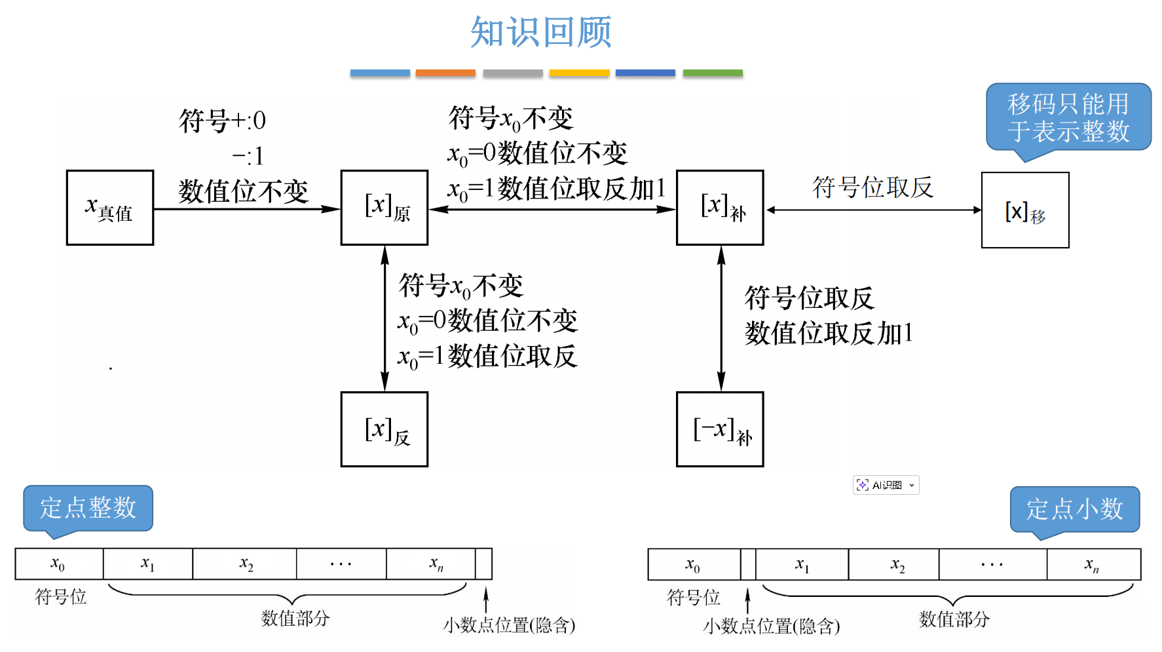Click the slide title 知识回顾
click(x=540, y=32)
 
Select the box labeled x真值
click(x=110, y=208)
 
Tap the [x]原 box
click(x=384, y=208)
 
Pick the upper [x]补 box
click(x=720, y=208)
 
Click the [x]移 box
click(x=1025, y=210)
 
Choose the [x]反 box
click(x=384, y=429)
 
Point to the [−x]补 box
click(x=720, y=429)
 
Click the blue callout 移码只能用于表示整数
click(x=1068, y=117)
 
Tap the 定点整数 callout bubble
click(x=88, y=508)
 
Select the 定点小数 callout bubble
click(x=1074, y=509)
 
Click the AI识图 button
click(x=886, y=485)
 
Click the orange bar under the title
click(x=445, y=73)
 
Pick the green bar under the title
click(x=713, y=73)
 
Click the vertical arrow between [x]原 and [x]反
click(x=384, y=318)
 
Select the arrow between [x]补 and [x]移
click(x=872, y=210)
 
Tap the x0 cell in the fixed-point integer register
click(x=59, y=564)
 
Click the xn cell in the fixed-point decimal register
click(x=1093, y=564)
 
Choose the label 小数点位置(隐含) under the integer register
click(x=509, y=625)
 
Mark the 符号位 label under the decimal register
click(x=693, y=597)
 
